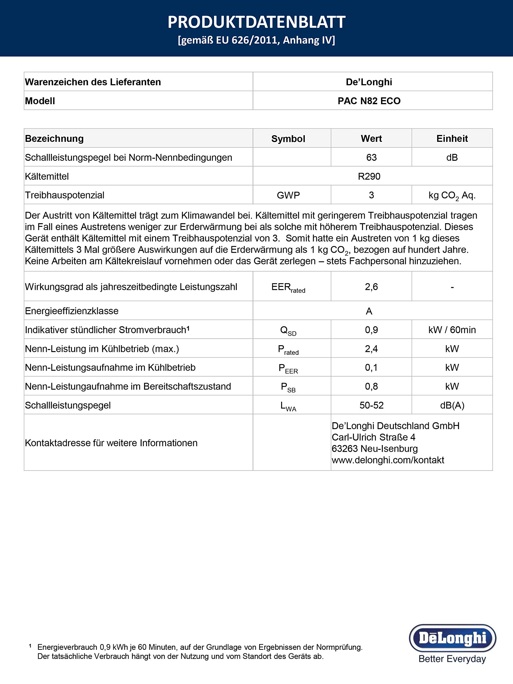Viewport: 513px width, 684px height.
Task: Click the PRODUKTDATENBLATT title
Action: point(256,22)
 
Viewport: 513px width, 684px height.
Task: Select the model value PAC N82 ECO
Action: point(369,101)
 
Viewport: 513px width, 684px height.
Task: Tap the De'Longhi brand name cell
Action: point(369,82)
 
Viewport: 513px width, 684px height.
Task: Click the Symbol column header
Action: point(288,138)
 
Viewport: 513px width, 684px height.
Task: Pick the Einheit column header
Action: point(452,138)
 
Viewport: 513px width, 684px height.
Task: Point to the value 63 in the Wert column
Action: point(371,157)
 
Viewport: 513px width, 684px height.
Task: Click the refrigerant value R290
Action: point(369,176)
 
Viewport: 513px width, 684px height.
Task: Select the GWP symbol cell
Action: point(288,195)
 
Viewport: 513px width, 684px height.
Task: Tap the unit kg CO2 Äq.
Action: point(452,195)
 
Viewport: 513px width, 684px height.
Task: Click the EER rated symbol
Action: point(288,287)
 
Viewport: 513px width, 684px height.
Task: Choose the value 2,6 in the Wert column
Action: point(371,287)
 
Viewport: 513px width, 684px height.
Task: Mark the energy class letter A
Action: point(369,311)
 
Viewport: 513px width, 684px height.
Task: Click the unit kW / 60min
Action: point(452,330)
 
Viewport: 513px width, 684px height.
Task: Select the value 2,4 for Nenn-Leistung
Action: point(371,348)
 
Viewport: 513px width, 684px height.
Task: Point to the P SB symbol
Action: point(288,387)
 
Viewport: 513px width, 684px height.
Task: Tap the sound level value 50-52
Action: point(371,405)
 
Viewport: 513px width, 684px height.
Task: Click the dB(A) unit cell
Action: point(452,405)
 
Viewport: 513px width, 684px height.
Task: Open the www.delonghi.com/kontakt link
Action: point(388,460)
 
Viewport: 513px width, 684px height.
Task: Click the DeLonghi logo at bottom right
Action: point(452,638)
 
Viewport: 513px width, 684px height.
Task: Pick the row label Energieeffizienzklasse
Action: point(72,311)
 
